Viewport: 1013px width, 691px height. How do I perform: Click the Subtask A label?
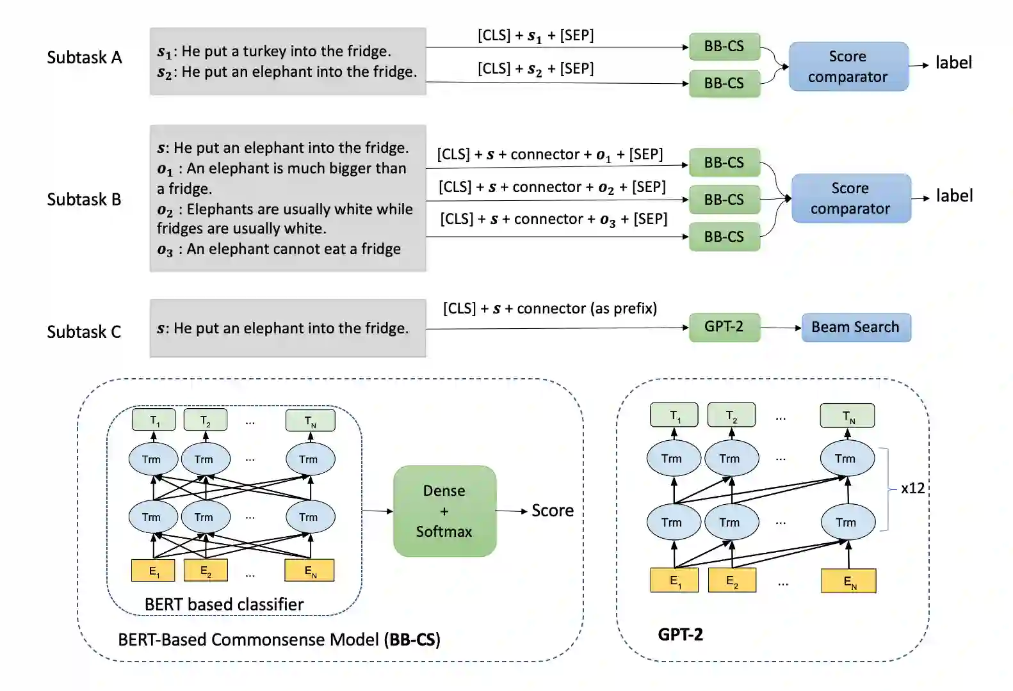(84, 58)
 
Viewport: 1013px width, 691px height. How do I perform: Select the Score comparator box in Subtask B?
(850, 198)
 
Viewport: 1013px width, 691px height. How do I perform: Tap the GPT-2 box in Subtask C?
(724, 327)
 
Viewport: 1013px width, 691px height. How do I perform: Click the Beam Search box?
(855, 328)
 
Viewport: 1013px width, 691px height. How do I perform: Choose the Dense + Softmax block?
(444, 511)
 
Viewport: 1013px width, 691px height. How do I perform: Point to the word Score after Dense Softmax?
(553, 511)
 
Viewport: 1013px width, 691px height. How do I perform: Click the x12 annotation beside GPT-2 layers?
(912, 488)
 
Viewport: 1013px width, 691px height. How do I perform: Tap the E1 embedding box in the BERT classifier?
(153, 571)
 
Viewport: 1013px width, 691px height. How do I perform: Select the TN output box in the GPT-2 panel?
(847, 416)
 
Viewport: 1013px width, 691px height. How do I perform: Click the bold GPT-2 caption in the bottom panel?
(680, 635)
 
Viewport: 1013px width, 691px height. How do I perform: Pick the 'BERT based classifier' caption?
(224, 605)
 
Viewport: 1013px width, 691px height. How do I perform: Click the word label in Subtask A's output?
(953, 63)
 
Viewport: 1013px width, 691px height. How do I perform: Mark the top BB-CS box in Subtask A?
(724, 47)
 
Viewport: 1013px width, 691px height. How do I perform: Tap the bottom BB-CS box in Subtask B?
(724, 237)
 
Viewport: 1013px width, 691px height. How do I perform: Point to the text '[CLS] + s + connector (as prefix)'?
(550, 309)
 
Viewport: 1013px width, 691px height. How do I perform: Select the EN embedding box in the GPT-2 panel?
(848, 581)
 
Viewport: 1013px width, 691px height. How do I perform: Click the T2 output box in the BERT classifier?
(205, 420)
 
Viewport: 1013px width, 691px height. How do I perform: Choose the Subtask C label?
(84, 332)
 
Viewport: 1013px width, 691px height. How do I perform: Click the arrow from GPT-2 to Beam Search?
(781, 328)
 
